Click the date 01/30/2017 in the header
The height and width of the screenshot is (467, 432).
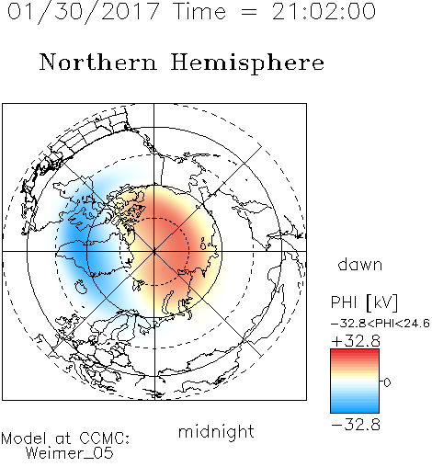click(83, 11)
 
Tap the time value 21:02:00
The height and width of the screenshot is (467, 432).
click(324, 11)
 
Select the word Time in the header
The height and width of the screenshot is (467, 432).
click(199, 11)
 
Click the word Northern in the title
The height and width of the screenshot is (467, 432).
click(98, 62)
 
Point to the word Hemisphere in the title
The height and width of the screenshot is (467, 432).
click(247, 63)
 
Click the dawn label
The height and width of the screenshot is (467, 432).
click(360, 264)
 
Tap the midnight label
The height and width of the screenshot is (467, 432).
click(216, 431)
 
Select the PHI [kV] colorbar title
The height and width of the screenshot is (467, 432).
click(364, 302)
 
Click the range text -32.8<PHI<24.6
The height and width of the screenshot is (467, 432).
click(381, 324)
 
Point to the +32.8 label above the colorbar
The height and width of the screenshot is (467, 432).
click(356, 341)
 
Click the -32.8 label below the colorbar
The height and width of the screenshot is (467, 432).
click(356, 425)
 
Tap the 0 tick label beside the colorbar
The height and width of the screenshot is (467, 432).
click(387, 382)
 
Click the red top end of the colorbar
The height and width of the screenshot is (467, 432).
click(355, 352)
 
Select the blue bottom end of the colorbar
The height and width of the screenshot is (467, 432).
click(355, 410)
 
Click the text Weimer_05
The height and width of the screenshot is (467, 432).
click(69, 453)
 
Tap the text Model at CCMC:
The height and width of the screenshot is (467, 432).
click(65, 439)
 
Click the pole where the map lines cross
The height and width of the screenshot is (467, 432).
click(154, 251)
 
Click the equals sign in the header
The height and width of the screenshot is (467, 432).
click(248, 12)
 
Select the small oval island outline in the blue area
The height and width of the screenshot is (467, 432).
click(81, 287)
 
